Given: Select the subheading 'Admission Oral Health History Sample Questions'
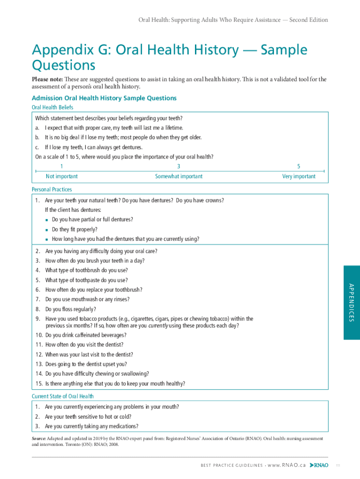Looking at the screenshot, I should [104, 98].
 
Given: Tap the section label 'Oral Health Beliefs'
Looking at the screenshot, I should [52, 108].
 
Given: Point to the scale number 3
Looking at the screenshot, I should [179, 167].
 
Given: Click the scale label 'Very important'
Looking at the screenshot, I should [299, 176].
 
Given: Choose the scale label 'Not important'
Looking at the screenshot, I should [62, 176].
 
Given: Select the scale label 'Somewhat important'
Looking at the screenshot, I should [179, 176].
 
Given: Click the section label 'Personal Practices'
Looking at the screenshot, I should [52, 189].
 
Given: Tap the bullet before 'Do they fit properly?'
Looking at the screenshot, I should [47, 230].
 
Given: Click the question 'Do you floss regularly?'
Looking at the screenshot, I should [71, 309].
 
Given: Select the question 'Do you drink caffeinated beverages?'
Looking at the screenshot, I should [86, 335].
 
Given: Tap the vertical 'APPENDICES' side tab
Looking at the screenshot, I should [352, 303].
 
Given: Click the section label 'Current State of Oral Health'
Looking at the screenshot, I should [63, 396].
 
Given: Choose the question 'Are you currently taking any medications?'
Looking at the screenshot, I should [91, 426].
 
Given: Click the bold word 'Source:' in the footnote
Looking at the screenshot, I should [39, 439].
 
